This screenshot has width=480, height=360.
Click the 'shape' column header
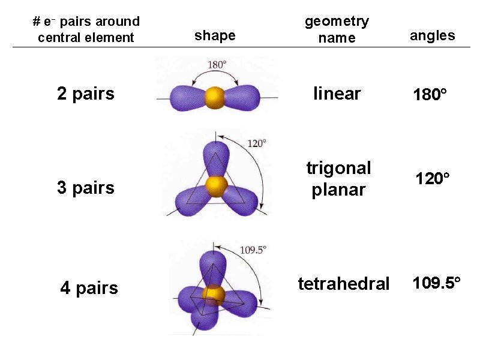point(215,36)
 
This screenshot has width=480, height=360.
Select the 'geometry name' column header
point(337,29)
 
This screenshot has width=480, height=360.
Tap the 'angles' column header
point(432,35)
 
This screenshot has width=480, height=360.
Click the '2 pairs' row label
point(86,94)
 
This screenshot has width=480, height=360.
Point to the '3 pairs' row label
point(86,188)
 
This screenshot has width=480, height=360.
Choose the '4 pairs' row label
point(89,288)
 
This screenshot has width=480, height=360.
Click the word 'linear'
point(337,94)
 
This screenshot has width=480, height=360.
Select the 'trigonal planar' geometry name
point(338,178)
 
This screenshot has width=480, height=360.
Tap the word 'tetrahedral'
point(344,283)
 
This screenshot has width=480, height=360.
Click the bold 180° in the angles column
point(430,95)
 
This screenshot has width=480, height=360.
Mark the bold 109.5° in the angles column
point(436,283)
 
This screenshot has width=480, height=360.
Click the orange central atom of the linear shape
point(214,96)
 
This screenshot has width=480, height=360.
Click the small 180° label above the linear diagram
point(217,65)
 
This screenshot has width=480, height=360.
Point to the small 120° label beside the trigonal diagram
point(256,143)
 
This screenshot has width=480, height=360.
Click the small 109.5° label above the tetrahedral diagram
point(252,250)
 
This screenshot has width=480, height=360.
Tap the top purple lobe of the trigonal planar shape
point(215,157)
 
